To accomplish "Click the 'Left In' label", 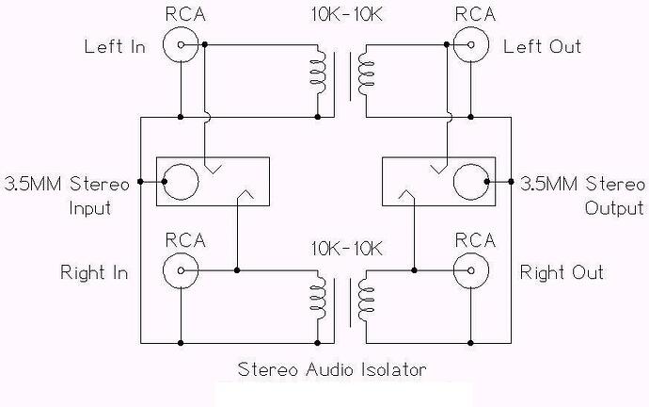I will pos(115,46).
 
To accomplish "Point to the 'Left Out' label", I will pos(543,46).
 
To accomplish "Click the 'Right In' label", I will pos(94,273).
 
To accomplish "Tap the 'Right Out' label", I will pos(562,273).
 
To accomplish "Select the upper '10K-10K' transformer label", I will pos(345,16).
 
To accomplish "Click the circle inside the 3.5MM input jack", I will pos(180,180).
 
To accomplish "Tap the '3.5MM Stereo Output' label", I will pos(580,194).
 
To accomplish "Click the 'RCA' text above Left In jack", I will pos(182,13).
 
